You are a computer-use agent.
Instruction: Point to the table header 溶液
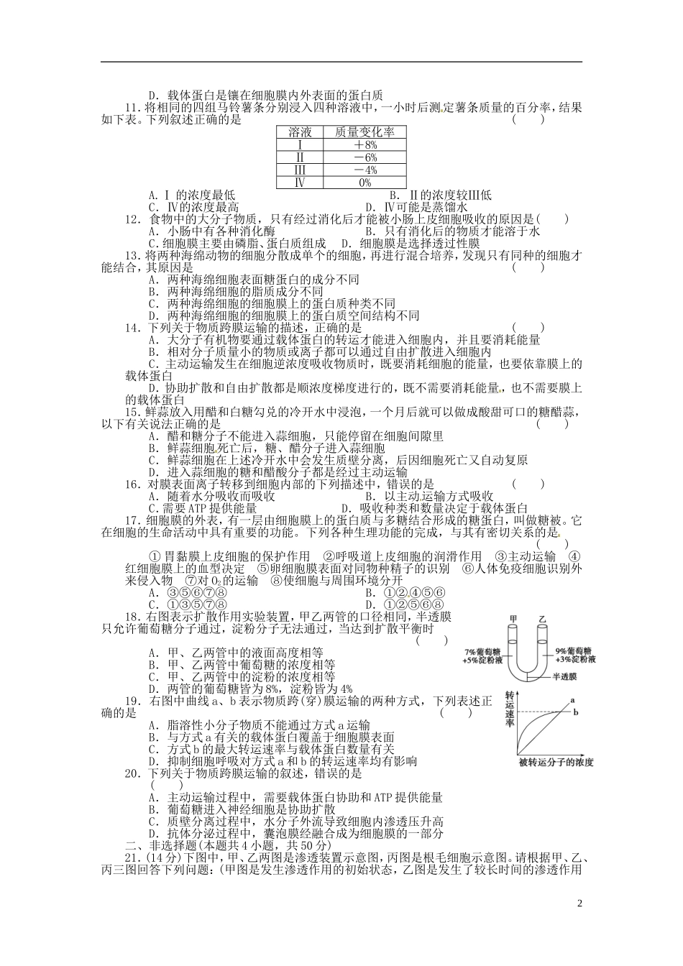click(300, 132)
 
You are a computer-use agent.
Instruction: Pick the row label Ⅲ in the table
click(300, 170)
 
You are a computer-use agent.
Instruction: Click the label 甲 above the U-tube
click(513, 619)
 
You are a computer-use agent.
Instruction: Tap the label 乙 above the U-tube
click(542, 619)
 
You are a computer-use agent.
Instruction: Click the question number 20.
click(131, 774)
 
